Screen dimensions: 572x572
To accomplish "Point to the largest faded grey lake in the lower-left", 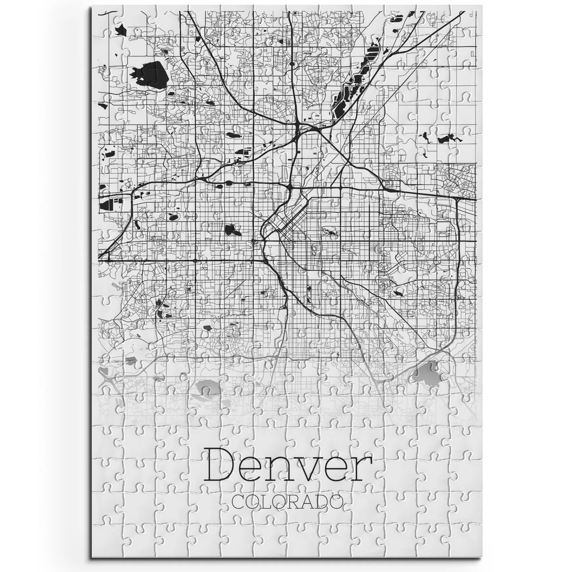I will click(207, 387).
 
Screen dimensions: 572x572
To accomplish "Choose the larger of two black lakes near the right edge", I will click(445, 138).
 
